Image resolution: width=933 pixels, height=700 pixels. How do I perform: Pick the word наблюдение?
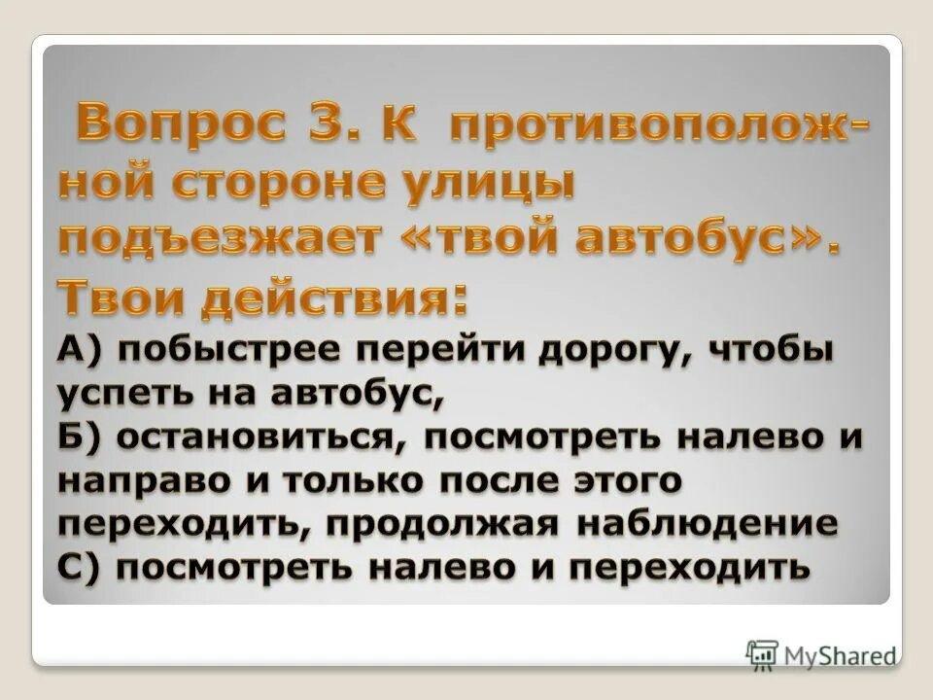[x=707, y=523]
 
